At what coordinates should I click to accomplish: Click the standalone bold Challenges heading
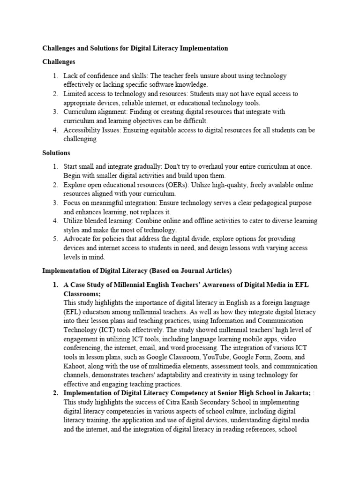59,62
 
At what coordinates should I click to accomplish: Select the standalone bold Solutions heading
56,153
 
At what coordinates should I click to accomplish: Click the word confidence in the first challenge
101,75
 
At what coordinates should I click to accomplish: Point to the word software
168,84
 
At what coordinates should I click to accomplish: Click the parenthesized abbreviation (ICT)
100,330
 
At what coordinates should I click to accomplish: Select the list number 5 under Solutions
55,239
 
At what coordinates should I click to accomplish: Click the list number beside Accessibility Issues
55,130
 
